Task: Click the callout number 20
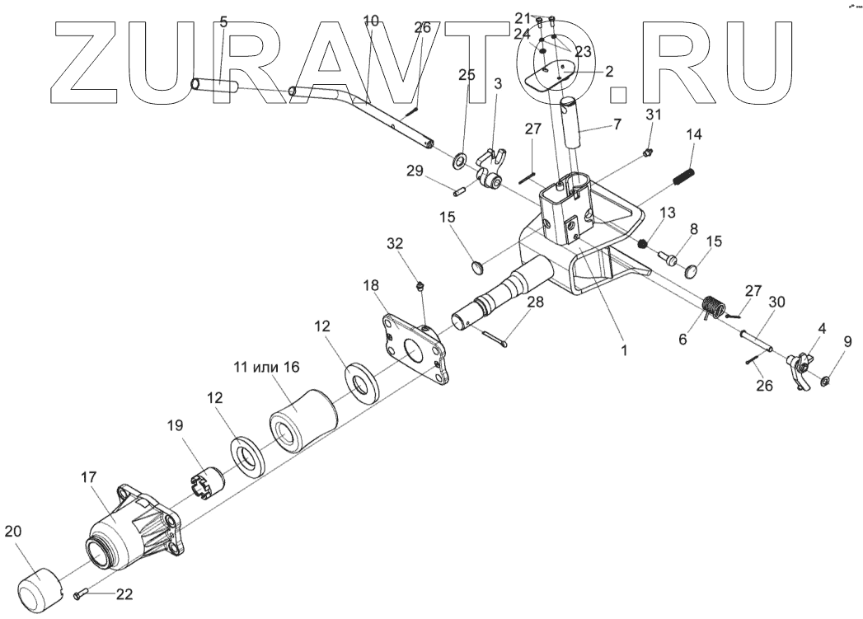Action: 13,532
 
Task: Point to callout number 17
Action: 88,477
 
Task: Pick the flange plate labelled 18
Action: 419,350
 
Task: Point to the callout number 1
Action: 624,349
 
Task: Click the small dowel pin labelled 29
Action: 461,191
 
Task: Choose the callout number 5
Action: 224,21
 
